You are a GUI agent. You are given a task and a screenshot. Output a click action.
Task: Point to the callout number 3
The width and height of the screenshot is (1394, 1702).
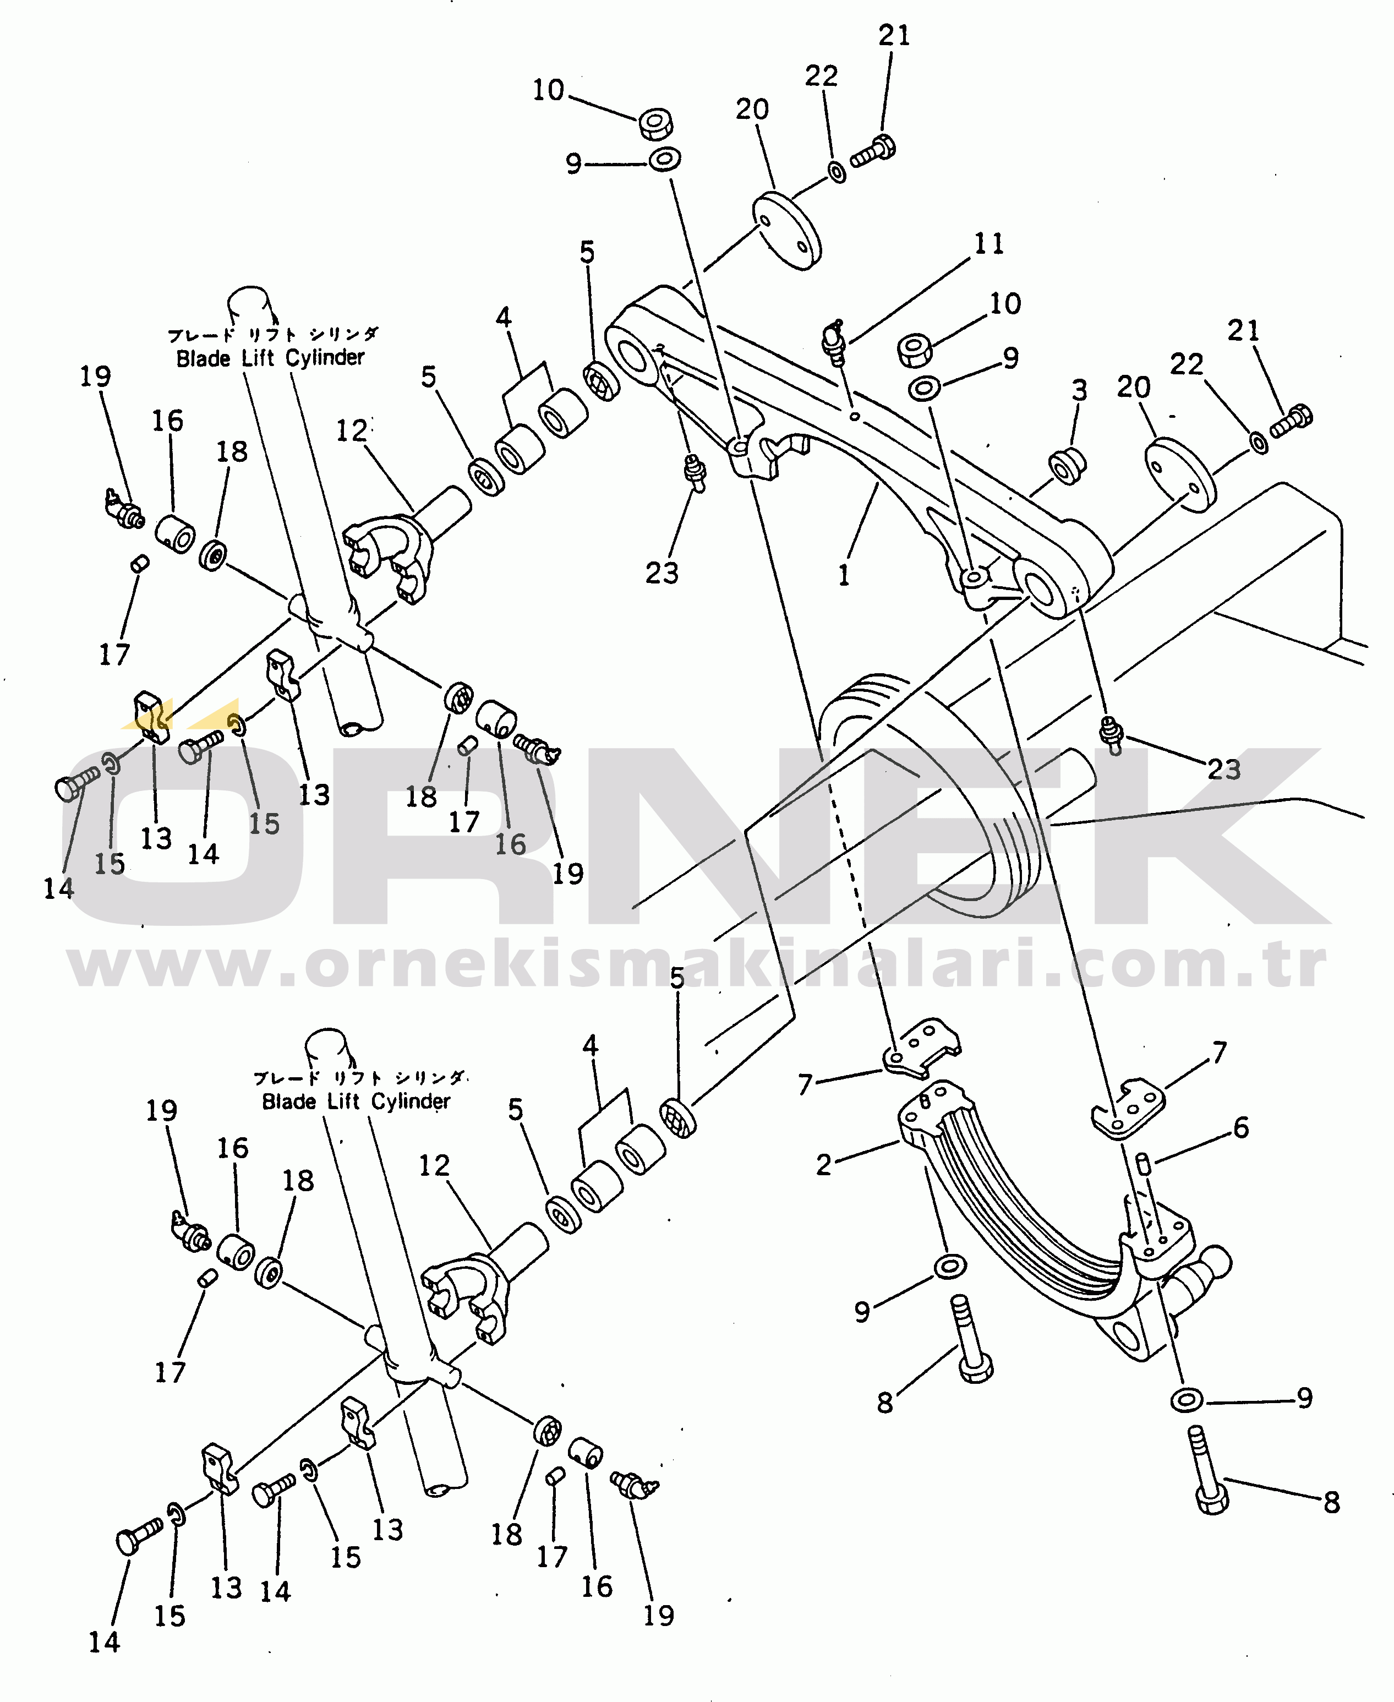point(1079,390)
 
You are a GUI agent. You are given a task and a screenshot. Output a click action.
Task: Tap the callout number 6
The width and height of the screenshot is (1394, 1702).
point(1240,1128)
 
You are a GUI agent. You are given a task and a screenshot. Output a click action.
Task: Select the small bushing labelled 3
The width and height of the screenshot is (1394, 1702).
point(1067,466)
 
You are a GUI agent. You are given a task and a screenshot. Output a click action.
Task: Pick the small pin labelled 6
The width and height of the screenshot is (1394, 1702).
point(1144,1163)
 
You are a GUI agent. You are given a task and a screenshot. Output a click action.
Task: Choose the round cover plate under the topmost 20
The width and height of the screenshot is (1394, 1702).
point(786,230)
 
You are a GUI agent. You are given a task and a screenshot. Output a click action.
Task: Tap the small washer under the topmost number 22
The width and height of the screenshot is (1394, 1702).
point(837,172)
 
